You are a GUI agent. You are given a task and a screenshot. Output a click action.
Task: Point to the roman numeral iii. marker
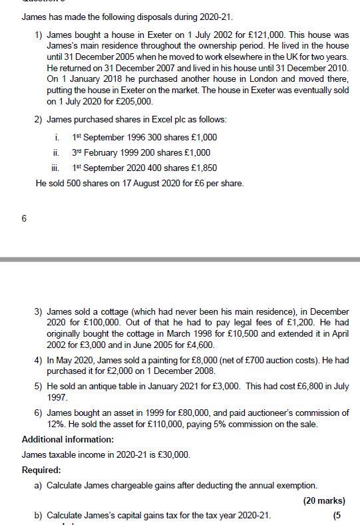[x=59, y=168]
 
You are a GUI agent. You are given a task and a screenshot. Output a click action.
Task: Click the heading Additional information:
[x=68, y=439]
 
